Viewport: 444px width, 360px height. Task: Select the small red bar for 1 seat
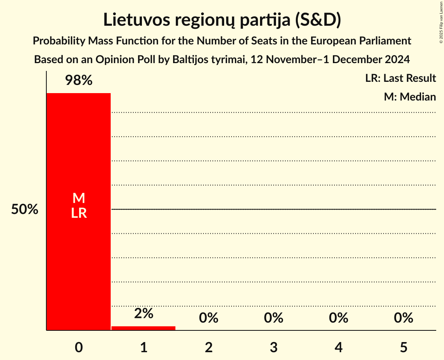pos(143,328)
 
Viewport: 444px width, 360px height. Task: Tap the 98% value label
pos(79,81)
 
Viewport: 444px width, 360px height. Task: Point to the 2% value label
pos(143,313)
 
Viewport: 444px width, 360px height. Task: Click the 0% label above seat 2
pos(209,318)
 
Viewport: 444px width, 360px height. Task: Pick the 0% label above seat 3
pos(274,318)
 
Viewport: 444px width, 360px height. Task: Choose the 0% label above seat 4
pos(338,318)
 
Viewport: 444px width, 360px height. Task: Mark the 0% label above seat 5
pos(403,318)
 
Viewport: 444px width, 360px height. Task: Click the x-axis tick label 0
pos(79,347)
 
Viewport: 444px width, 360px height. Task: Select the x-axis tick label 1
pos(143,347)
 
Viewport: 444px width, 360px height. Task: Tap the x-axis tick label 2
pos(209,347)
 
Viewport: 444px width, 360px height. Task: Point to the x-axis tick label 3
pos(274,347)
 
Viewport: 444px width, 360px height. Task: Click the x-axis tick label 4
pos(338,347)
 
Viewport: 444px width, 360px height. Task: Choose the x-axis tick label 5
pos(403,347)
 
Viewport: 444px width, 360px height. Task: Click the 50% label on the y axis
pos(25,210)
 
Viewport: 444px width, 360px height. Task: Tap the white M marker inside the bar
pos(79,198)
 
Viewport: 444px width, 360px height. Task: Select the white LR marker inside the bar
pos(79,213)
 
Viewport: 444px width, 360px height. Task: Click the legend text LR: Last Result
pos(401,78)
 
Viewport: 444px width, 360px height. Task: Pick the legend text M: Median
pos(410,97)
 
